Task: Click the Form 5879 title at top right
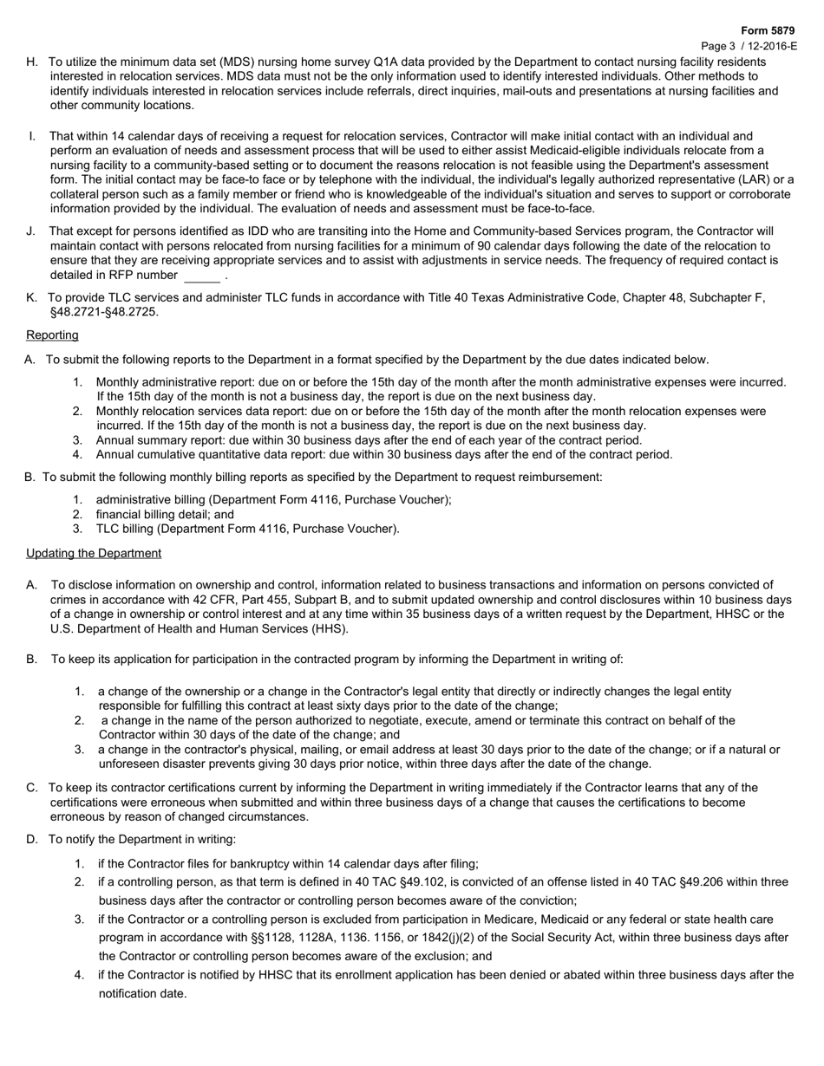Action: coord(768,30)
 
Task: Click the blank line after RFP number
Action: coord(202,276)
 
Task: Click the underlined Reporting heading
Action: coord(52,335)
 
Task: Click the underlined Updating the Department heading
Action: coord(94,553)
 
